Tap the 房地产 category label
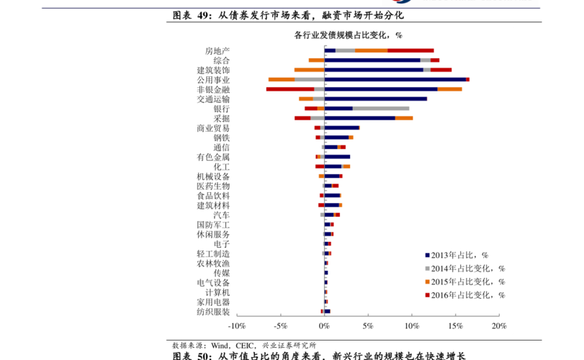217,50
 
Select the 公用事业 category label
213,80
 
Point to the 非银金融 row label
213,89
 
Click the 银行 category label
222,109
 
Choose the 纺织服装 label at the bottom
213,312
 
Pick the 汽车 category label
222,215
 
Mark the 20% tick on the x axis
499,326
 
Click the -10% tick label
237,326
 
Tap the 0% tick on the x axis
325,326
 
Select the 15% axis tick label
455,326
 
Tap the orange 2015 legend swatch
428,282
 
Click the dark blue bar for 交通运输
375,99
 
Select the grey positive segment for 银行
381,108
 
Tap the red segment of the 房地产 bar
410,50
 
